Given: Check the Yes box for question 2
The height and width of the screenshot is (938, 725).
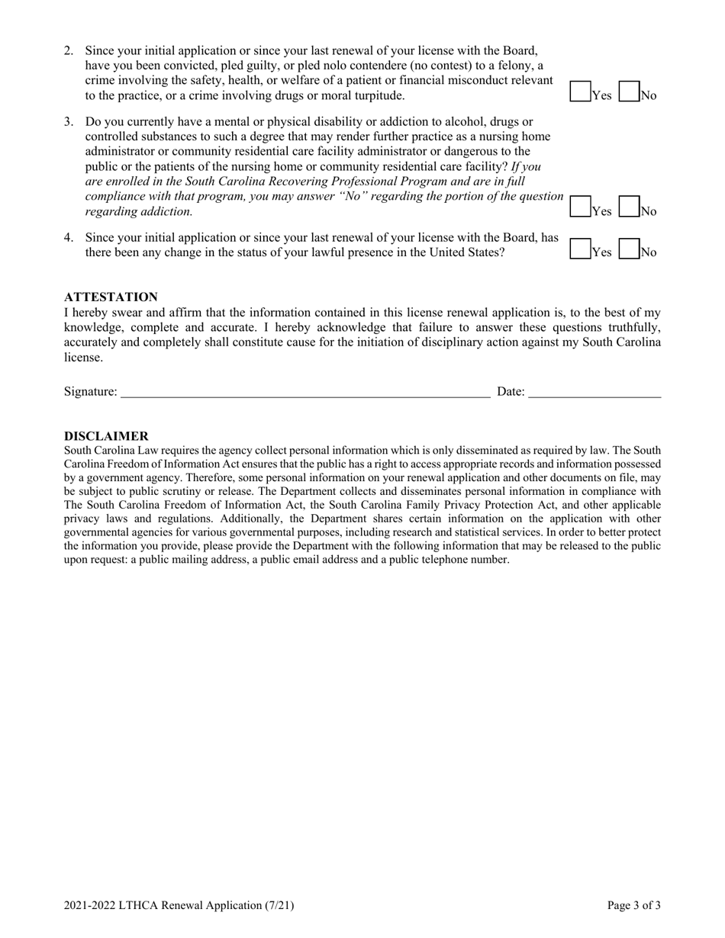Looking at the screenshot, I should click(x=580, y=92).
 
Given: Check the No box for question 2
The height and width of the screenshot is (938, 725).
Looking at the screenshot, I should click(x=628, y=92).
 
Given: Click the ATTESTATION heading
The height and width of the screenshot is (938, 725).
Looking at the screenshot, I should click(x=111, y=297).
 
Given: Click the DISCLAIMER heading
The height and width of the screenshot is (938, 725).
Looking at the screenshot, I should click(x=106, y=436).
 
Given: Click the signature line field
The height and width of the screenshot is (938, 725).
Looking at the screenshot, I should click(x=305, y=391).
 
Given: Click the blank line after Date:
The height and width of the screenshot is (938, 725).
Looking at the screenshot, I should click(x=594, y=391).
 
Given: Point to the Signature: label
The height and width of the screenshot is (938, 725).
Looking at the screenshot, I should click(x=91, y=392).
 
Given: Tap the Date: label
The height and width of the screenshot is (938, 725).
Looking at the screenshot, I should click(x=511, y=392).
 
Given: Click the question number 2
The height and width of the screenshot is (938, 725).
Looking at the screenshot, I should click(x=69, y=51).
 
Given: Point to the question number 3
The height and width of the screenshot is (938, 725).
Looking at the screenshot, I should click(x=69, y=122).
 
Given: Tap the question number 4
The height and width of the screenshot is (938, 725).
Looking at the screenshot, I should click(x=69, y=238).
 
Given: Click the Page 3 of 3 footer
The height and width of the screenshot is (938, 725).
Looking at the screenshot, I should click(x=633, y=906).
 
